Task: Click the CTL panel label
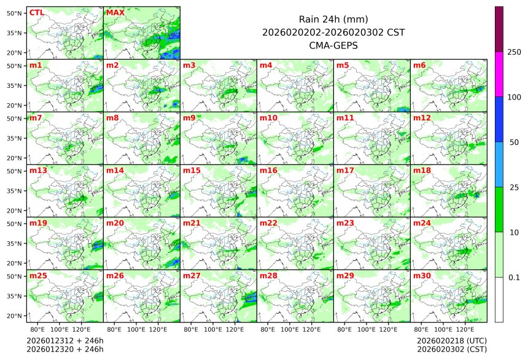(36, 12)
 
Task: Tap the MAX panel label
(115, 12)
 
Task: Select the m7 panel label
(36, 117)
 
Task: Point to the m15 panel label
(192, 170)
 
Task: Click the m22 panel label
(268, 223)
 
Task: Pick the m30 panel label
(422, 276)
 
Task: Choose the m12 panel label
(422, 117)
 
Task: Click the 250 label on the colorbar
(514, 52)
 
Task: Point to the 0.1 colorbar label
(514, 278)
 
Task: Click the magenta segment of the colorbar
(499, 74)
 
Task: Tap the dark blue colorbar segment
(499, 119)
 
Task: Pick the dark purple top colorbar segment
(499, 29)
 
